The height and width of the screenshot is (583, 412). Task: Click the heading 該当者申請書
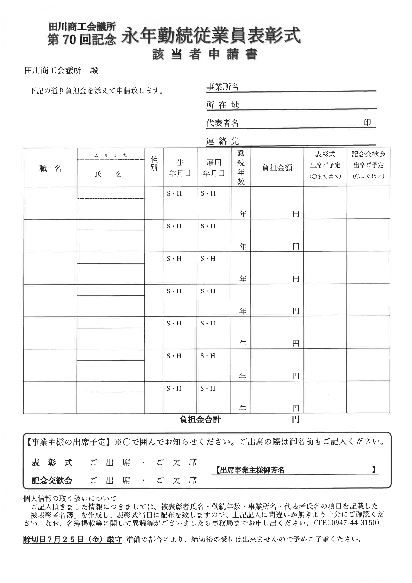(x=205, y=55)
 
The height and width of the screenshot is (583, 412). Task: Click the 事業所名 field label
(x=222, y=87)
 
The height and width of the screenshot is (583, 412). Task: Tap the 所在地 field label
(x=222, y=105)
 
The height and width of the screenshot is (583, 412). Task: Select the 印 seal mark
(x=367, y=123)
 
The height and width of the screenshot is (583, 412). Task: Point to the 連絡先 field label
(x=222, y=141)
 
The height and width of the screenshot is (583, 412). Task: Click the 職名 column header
(x=50, y=168)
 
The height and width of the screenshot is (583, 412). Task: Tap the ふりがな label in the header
(x=111, y=155)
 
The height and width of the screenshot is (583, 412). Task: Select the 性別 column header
(x=154, y=164)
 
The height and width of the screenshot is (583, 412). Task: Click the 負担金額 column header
(x=277, y=168)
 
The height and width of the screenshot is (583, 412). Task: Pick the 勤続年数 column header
(x=241, y=167)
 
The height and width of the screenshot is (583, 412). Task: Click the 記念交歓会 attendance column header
(x=368, y=165)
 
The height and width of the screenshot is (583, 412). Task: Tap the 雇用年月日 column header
(x=214, y=168)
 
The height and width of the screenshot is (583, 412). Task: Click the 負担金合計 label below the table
(x=200, y=419)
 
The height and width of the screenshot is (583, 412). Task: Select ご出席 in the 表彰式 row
(x=110, y=462)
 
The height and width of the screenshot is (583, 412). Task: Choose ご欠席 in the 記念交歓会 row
(x=176, y=480)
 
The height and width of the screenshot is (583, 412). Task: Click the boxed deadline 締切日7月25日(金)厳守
(x=72, y=539)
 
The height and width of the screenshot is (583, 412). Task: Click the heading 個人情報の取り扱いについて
(x=70, y=498)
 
